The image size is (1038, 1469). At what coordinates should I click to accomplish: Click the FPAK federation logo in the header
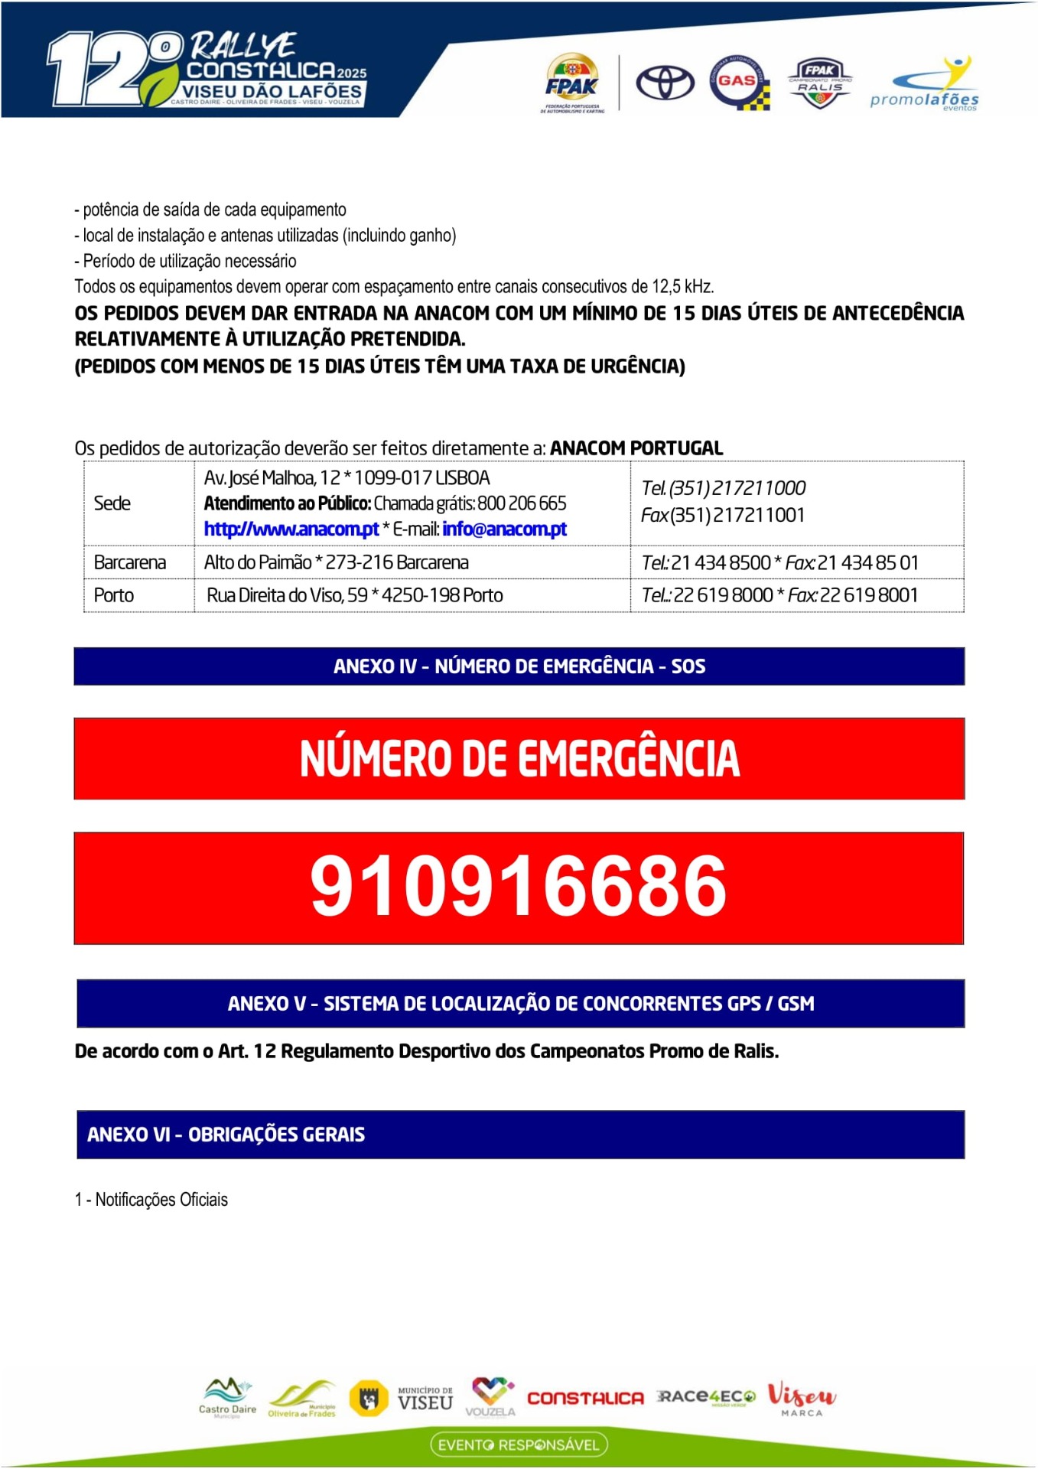tap(571, 83)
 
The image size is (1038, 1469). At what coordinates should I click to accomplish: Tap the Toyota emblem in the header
tap(665, 82)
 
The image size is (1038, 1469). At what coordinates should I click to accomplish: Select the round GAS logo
tap(738, 82)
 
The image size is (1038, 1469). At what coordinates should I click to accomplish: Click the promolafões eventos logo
tap(925, 86)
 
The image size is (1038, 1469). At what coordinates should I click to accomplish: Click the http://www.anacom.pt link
tap(291, 529)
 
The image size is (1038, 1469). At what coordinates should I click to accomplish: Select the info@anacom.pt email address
tap(504, 529)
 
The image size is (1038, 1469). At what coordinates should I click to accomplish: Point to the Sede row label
tap(112, 503)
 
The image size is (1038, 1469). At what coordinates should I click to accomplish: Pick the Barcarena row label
tap(129, 562)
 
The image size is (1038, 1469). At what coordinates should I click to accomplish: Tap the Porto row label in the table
tap(113, 595)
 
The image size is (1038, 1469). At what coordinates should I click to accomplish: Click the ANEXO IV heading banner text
tap(519, 666)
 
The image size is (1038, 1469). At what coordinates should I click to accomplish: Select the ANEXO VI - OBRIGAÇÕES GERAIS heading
tap(226, 1134)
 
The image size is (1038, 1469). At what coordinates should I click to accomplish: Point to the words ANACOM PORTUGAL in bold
tap(636, 448)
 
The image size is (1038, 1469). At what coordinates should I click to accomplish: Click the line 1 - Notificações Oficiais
tap(151, 1199)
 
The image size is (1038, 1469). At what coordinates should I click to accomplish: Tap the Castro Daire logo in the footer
tap(227, 1398)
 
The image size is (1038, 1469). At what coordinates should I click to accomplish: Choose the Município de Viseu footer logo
tap(425, 1398)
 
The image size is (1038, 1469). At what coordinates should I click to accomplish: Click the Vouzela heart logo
tap(490, 1396)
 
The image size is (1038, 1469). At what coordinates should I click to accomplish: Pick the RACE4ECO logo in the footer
tap(705, 1397)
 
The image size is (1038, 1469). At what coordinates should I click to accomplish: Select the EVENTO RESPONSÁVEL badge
tap(519, 1445)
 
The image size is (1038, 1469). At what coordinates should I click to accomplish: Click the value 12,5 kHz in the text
tap(682, 287)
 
